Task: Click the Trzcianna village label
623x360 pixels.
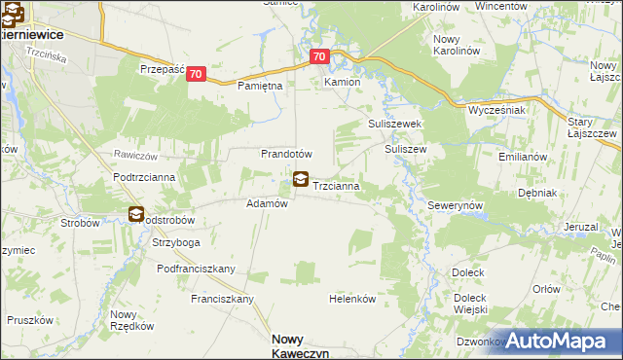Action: point(339,185)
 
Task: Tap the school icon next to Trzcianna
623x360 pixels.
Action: point(301,180)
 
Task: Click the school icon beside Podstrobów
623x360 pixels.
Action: point(135,214)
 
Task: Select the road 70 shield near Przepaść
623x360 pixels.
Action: point(197,74)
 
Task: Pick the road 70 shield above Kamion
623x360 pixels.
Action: point(320,57)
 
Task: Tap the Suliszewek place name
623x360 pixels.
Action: point(393,125)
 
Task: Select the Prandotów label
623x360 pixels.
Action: point(285,154)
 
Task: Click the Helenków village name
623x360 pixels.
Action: point(352,299)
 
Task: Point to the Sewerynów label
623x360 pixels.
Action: point(456,208)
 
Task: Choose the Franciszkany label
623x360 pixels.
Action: point(222,299)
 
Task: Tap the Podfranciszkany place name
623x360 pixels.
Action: point(197,268)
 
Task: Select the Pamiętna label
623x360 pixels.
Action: point(260,86)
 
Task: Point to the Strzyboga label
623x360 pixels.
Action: point(176,242)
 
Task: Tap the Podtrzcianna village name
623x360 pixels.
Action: point(143,177)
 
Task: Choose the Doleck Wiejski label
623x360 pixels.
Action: point(469,304)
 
